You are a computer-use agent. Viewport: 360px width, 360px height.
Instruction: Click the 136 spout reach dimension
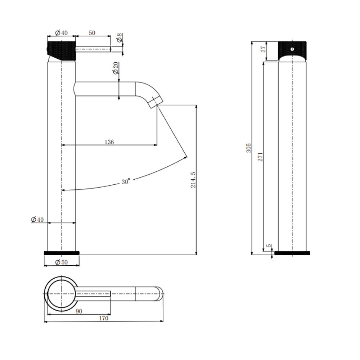(109, 142)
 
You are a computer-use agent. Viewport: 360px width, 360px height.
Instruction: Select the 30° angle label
(125, 182)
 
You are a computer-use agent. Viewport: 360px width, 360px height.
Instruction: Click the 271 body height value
(260, 157)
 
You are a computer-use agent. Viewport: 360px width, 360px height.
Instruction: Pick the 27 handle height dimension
(264, 49)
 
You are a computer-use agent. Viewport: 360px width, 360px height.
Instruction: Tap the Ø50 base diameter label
(62, 262)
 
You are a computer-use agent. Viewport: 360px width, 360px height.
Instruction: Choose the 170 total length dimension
(103, 318)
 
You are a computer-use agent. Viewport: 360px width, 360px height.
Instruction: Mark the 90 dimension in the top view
(79, 311)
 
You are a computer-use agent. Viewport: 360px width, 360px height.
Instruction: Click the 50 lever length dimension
(92, 33)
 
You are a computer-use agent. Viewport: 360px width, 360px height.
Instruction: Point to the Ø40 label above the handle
(61, 33)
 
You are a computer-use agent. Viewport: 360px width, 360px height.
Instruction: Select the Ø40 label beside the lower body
(37, 220)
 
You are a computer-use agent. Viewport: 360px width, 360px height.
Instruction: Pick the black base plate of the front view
(292, 253)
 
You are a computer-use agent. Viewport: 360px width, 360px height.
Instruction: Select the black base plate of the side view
(62, 253)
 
